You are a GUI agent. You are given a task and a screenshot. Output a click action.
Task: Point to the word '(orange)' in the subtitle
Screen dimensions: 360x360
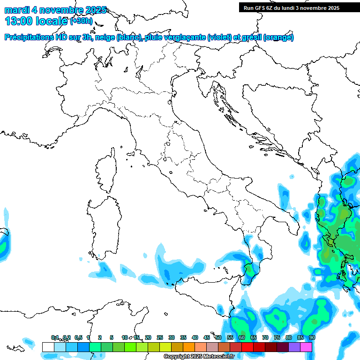coord(278,37)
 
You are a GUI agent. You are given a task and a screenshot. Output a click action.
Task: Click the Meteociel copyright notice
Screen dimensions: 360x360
coord(199,357)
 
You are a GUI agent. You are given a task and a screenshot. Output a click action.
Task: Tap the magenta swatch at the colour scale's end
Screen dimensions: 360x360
coord(306,347)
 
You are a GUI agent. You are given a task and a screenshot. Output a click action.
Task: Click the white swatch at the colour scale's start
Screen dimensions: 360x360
coord(48,347)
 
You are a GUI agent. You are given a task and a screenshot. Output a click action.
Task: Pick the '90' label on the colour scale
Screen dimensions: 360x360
coord(312,337)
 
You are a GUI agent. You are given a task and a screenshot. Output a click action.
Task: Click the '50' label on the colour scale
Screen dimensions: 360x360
coord(218,337)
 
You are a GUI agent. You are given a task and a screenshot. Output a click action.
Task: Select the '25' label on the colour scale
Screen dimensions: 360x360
coord(160,337)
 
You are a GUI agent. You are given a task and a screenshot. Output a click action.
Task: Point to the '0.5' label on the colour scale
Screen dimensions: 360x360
coord(78,337)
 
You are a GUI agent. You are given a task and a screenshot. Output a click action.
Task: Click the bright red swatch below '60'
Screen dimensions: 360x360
coord(247,347)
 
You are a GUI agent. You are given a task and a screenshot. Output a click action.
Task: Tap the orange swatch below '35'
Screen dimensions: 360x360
coord(189,347)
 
